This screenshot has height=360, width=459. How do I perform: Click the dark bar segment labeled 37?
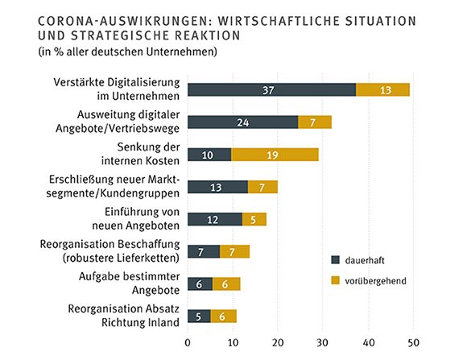tap(271, 89)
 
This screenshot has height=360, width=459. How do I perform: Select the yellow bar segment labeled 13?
tap(382, 89)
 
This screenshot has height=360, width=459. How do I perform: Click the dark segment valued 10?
tap(209, 155)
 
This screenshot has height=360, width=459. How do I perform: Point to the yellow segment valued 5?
tap(254, 219)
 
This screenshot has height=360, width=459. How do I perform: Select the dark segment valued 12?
tap(214, 219)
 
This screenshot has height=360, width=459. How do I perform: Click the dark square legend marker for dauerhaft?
tap(336, 259)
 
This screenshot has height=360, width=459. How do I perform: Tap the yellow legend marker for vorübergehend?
tap(336, 281)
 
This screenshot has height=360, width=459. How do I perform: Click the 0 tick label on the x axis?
tap(188, 341)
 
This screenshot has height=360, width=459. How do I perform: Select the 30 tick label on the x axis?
tap(324, 341)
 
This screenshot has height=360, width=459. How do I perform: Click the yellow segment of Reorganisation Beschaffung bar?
tap(234, 251)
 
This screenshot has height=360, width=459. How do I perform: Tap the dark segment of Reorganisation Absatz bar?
tap(199, 316)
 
